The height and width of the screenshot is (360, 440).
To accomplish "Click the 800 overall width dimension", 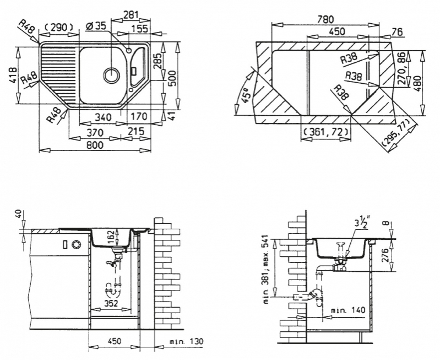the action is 95,145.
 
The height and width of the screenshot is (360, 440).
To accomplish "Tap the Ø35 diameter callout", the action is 96,26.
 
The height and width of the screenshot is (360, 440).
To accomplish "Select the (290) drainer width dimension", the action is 58,28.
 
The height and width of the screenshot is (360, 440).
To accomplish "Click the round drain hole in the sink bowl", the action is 111,75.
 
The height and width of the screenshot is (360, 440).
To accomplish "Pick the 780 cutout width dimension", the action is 325,20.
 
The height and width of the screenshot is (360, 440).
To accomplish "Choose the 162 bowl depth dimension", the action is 111,237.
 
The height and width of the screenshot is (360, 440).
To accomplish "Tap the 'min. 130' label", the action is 186,342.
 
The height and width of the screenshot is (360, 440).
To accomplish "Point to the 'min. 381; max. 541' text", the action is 267,270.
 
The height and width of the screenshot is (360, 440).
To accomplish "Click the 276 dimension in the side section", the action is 387,255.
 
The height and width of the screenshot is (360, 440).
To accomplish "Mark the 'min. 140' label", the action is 348,310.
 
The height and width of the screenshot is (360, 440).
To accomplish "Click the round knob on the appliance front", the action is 76,244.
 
